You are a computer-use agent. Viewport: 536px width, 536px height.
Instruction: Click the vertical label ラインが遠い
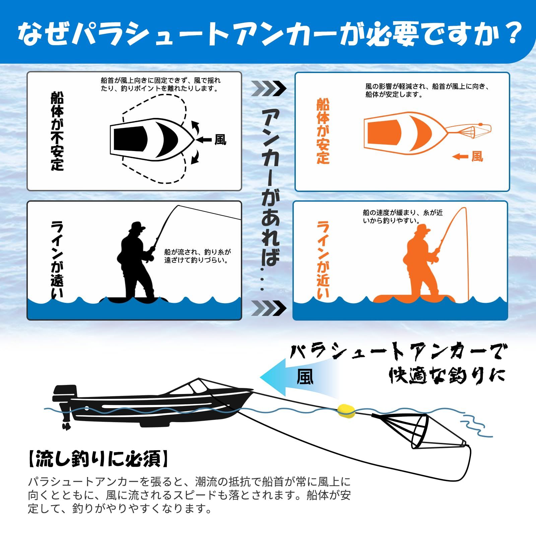click(x=57, y=259)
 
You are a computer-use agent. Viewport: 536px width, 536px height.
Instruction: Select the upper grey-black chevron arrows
click(x=269, y=88)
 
